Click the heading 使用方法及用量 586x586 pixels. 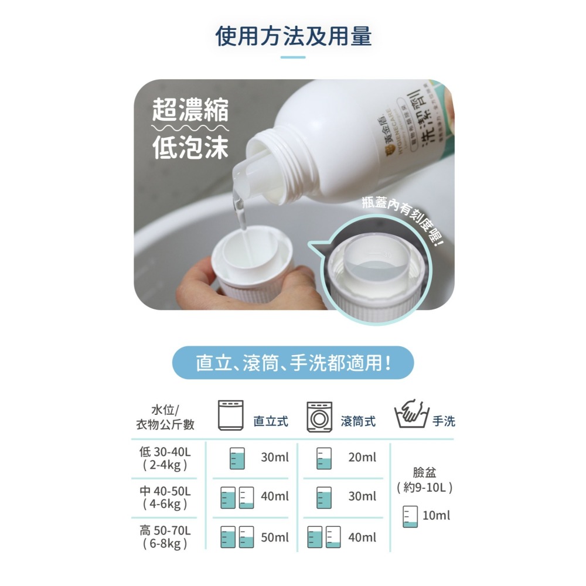click(x=293, y=36)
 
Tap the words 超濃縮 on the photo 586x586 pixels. click(x=190, y=111)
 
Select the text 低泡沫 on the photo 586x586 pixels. click(x=190, y=148)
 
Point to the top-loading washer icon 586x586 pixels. click(x=230, y=415)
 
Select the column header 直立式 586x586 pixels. click(x=271, y=421)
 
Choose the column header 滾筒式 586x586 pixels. click(x=358, y=421)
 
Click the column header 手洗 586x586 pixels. click(x=444, y=421)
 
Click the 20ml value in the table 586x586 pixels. click(x=362, y=458)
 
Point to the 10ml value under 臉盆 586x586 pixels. click(x=437, y=516)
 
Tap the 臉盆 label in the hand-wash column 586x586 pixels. click(x=424, y=472)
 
